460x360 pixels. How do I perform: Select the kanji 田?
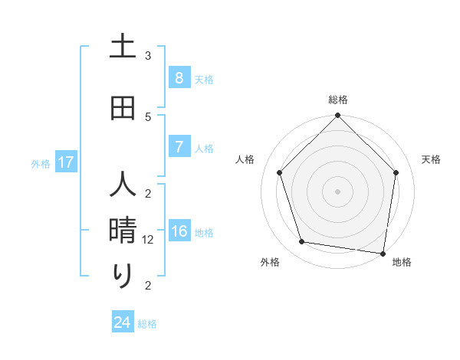[x=123, y=108]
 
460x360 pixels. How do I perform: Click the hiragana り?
[x=123, y=276]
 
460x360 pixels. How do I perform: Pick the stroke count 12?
[x=149, y=240]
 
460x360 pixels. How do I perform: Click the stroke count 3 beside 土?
[x=148, y=56]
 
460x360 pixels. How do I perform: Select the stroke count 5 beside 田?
[x=148, y=116]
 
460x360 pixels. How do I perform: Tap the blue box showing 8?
[x=179, y=77]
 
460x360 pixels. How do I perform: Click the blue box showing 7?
[x=179, y=146]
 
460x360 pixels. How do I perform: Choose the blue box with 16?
[x=179, y=231]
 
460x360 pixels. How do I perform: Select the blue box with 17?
[x=65, y=162]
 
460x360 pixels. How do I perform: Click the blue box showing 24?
[x=122, y=322]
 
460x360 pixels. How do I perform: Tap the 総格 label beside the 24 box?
[x=147, y=324]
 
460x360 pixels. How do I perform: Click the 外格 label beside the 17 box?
[x=41, y=163]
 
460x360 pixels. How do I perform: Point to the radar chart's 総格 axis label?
[x=338, y=100]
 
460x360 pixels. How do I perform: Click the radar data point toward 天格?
[x=396, y=172]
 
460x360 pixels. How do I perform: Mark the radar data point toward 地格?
[x=383, y=253]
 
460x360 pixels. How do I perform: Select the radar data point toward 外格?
[x=302, y=242]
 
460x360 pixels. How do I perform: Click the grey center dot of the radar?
[x=337, y=191]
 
